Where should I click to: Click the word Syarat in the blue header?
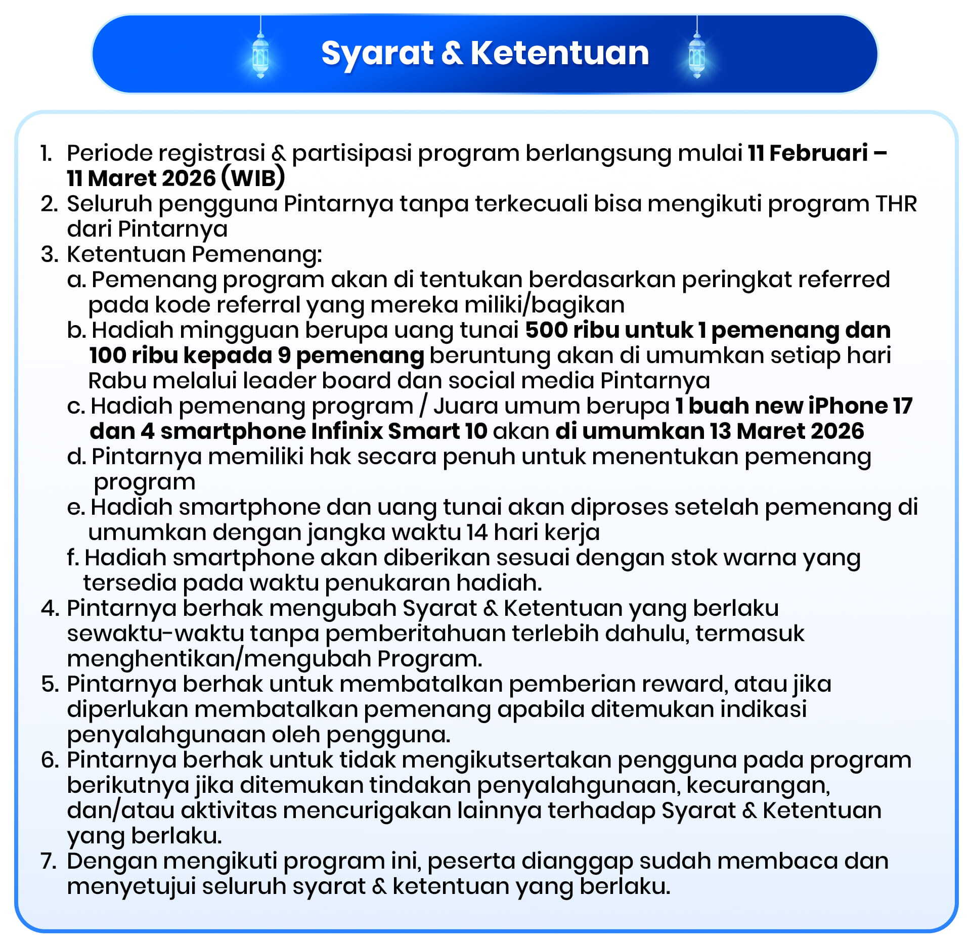point(377,54)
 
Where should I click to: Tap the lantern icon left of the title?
point(260,55)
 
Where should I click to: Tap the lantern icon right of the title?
point(697,55)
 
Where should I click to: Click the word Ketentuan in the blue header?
point(560,53)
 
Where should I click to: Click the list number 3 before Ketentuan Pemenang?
point(49,254)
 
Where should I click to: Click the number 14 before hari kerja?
point(477,532)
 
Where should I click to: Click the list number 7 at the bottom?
point(49,861)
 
